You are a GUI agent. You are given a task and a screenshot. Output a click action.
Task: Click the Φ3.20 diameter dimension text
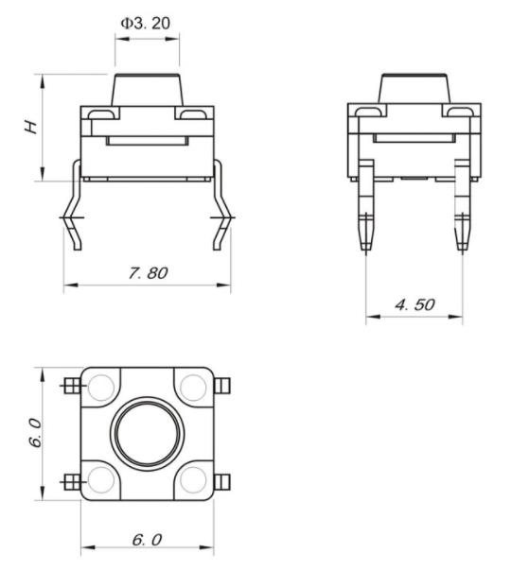147,22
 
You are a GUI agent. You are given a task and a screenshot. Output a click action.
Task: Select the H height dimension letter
32,126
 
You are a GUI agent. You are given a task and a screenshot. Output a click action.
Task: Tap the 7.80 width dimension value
147,272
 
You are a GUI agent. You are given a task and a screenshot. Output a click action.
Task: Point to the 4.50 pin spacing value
414,304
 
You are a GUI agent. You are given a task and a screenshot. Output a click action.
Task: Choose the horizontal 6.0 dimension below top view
146,539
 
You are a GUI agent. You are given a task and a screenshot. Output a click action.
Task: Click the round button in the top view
147,433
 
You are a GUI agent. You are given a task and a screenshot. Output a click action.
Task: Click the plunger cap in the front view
147,91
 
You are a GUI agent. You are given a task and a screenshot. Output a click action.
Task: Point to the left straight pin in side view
366,213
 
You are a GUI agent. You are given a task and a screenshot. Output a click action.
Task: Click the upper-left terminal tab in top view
70,386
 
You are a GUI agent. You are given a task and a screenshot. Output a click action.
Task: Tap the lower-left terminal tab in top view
70,480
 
